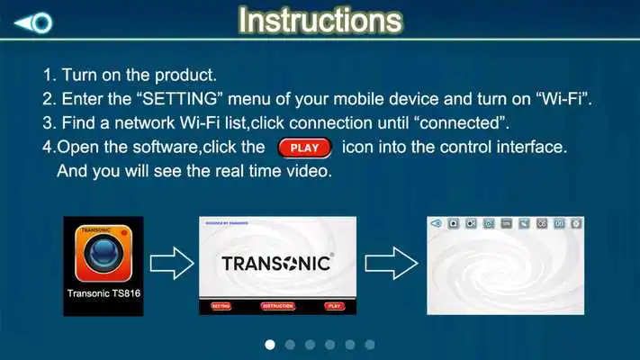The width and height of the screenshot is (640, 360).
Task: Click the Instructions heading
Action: [x=320, y=20]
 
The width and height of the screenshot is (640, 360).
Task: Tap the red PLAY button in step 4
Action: [x=305, y=147]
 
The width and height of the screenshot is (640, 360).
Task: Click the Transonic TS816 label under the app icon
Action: [x=104, y=293]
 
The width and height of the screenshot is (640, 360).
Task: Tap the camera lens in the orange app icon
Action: [x=104, y=256]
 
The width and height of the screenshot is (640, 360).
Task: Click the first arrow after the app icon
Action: [x=171, y=265]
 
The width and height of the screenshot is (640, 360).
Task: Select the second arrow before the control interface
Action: [x=392, y=265]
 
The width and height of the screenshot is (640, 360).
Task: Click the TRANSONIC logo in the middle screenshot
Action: [x=277, y=263]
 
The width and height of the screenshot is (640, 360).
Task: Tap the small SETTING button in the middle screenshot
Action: [x=221, y=306]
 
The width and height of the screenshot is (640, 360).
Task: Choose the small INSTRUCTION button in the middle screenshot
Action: [x=277, y=306]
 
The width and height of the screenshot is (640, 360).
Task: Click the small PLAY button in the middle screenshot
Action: [x=334, y=306]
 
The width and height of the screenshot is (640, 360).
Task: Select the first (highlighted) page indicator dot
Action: [x=270, y=344]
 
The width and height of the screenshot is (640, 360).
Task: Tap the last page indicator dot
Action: [x=369, y=344]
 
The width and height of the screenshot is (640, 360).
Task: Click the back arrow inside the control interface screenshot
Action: [x=437, y=223]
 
